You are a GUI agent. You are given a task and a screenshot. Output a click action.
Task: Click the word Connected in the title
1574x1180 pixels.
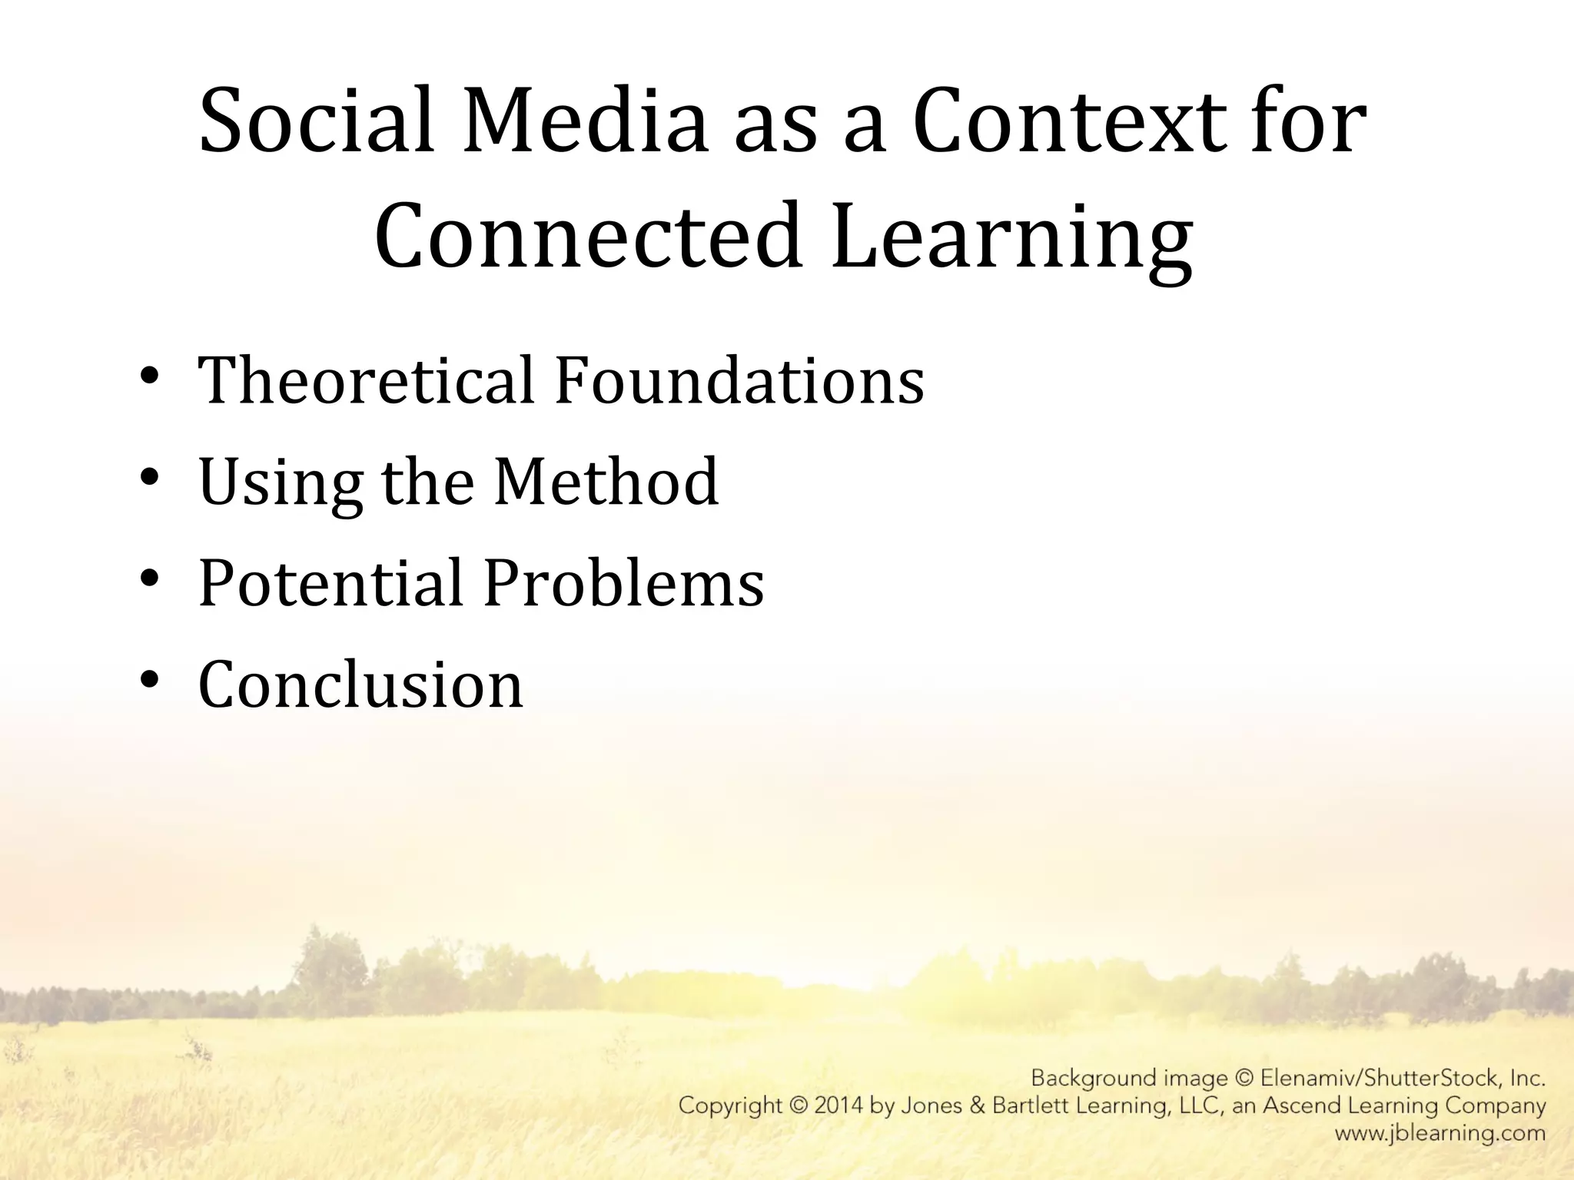pos(588,237)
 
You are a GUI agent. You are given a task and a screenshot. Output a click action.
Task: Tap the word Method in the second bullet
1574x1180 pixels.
pos(606,482)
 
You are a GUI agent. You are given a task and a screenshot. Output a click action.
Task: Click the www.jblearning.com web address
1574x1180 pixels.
pos(1440,1133)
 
